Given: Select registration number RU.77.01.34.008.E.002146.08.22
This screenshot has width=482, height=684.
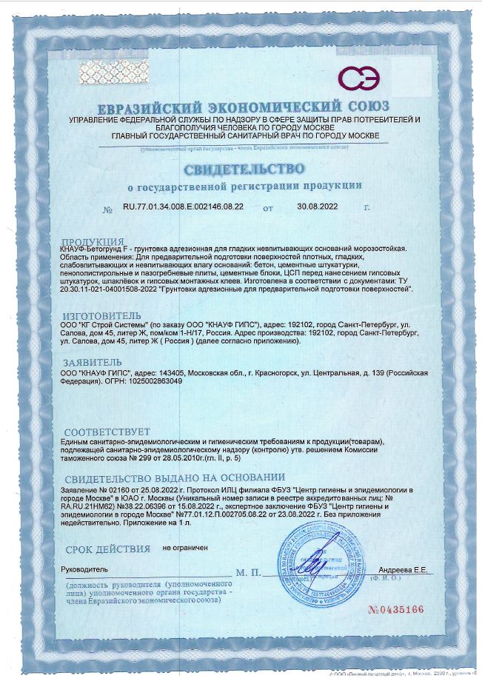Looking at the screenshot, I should point(182,207).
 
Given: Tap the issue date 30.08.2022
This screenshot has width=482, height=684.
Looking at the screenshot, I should point(316,207).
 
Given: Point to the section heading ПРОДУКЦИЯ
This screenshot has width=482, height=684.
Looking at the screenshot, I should point(93,242).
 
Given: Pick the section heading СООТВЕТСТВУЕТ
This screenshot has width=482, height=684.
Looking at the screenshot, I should point(107,432).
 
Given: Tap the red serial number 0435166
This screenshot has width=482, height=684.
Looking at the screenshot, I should point(395,609).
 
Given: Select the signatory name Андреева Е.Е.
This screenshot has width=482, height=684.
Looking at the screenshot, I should point(402,569).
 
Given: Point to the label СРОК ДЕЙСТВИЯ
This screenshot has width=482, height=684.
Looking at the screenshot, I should point(108,549).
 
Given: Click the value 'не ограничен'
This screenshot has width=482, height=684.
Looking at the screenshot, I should point(185,548).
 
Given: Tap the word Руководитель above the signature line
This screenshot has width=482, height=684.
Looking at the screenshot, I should point(85,569).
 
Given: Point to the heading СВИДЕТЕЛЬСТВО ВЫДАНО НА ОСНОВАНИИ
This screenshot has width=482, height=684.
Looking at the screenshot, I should point(175,477).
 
